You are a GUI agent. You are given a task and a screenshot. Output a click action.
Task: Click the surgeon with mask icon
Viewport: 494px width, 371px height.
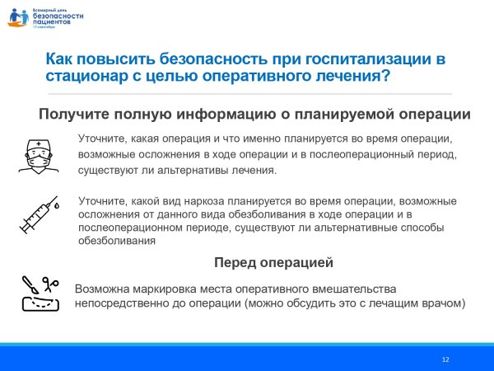[35, 154]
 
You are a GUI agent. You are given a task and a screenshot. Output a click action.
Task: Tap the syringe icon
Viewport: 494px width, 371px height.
[37, 216]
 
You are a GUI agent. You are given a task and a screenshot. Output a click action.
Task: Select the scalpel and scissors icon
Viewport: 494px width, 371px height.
[38, 293]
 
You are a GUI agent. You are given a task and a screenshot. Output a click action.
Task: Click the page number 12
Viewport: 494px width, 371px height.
[445, 359]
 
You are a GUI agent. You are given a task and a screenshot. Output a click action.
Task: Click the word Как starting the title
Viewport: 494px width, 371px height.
[60, 59]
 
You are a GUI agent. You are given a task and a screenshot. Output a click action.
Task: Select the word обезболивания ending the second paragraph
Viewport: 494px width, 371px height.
[116, 242]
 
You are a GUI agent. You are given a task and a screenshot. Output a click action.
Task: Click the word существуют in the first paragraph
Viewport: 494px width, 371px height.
[105, 171]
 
